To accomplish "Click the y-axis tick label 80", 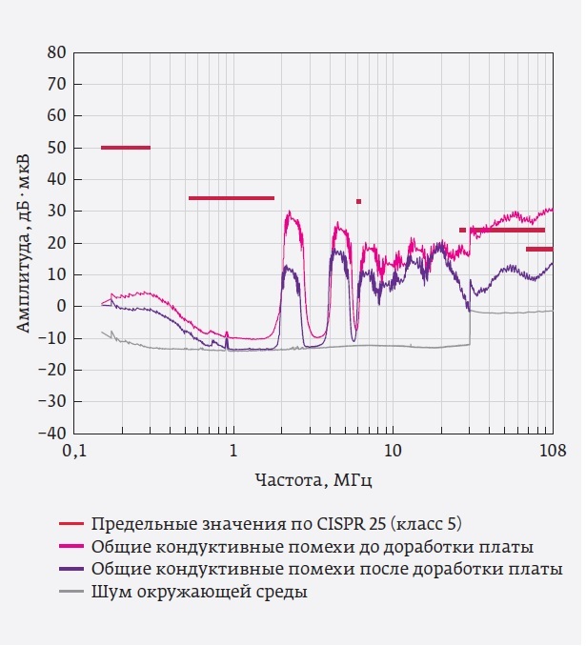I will pyautogui.click(x=57, y=52).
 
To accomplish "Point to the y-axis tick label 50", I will pyautogui.click(x=57, y=148).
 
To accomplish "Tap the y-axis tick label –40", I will pyautogui.click(x=52, y=433).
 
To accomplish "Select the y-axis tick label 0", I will pyautogui.click(x=61, y=306).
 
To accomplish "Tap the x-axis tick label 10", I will pyautogui.click(x=391, y=449).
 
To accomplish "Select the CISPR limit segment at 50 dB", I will pyautogui.click(x=125, y=148).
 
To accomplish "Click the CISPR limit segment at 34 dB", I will pyautogui.click(x=232, y=198).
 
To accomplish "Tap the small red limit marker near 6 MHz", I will pyautogui.click(x=358, y=201).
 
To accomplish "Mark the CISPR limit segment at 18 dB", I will pyautogui.click(x=538, y=249).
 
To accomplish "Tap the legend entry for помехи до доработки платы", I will pyautogui.click(x=311, y=547).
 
